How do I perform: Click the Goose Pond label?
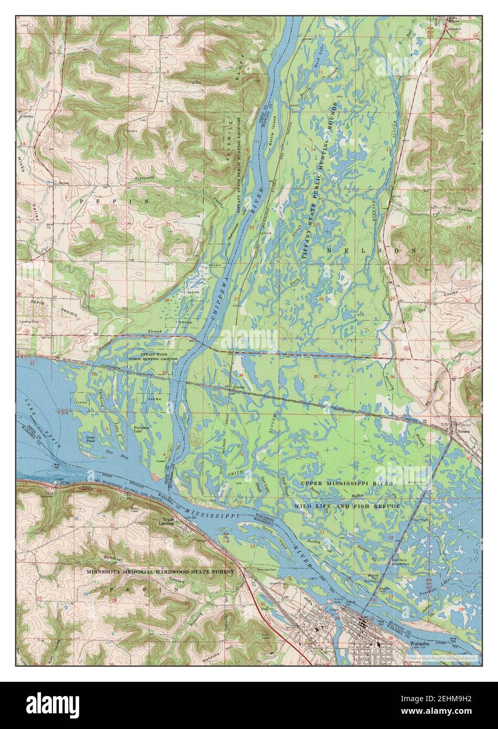click(88, 438)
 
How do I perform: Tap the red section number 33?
click(165, 373)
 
